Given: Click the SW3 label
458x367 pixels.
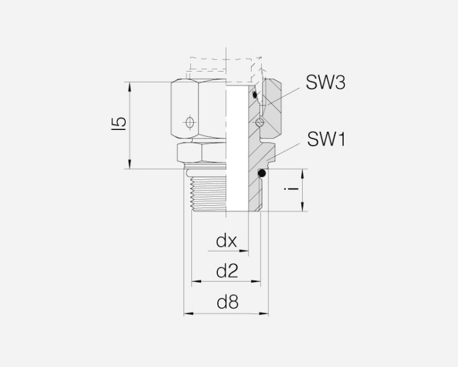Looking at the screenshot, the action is tap(326, 82).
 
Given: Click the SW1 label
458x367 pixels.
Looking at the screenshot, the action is tap(326, 139).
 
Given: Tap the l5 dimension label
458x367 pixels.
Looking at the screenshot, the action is tap(119, 123).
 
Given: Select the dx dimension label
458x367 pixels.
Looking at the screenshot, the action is tap(226, 241).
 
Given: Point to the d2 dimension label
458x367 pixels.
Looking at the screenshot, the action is tap(227, 271).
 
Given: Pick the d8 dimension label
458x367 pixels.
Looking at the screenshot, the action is tap(227, 302).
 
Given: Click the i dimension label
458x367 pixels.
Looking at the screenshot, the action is tap(291, 188).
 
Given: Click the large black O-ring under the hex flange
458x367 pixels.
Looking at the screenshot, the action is tap(262, 173).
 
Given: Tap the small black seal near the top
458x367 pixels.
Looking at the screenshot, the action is tap(255, 94).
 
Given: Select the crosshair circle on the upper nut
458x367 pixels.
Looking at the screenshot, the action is tap(190, 122).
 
